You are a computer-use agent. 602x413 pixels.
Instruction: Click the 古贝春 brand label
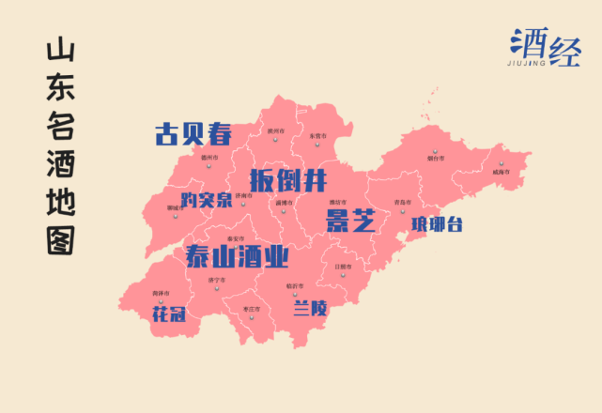click(x=193, y=133)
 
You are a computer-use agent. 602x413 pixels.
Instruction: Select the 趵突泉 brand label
click(x=206, y=200)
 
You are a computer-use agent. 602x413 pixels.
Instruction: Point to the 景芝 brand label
click(x=350, y=222)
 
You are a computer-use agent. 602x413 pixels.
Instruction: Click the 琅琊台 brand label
click(x=437, y=224)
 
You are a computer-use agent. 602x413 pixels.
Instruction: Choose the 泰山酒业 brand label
click(x=237, y=256)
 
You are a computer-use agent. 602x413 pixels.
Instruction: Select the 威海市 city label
click(x=500, y=173)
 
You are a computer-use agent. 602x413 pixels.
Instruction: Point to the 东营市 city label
click(x=317, y=136)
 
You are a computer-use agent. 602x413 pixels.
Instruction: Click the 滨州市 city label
click(x=275, y=131)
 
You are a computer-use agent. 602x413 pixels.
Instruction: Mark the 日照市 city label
click(x=344, y=267)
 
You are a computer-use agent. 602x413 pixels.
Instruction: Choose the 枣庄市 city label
click(x=251, y=307)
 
